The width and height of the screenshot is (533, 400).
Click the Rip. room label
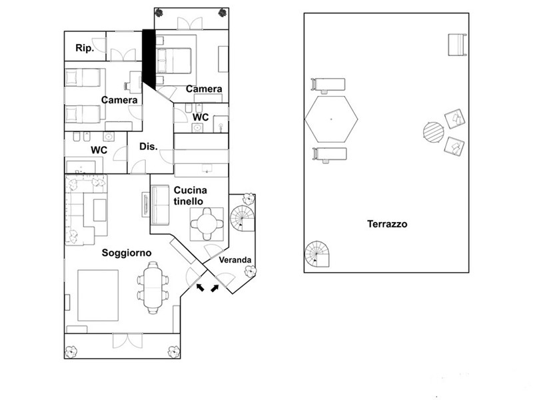tap(85, 48)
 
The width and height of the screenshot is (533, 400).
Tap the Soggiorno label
tap(127, 253)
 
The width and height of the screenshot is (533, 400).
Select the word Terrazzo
tap(387, 224)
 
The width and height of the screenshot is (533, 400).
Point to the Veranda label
tap(235, 260)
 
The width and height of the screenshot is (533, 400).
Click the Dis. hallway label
tap(149, 147)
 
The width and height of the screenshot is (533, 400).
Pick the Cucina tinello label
tap(190, 195)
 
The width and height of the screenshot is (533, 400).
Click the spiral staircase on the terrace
tap(317, 254)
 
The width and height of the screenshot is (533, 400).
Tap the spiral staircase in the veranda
tap(243, 219)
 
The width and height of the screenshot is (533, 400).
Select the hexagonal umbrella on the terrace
tap(331, 119)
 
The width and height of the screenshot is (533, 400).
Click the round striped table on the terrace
tap(434, 132)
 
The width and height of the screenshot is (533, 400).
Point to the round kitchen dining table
tap(207, 224)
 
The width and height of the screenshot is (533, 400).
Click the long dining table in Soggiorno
tap(153, 287)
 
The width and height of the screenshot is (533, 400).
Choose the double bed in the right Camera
tap(174, 60)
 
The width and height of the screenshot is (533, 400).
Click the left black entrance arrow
tap(201, 287)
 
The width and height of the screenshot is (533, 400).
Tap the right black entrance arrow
tap(215, 288)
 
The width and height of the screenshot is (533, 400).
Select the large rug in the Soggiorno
tap(98, 295)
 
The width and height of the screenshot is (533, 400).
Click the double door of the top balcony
tap(190, 24)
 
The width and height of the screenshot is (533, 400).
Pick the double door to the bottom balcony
tap(127, 341)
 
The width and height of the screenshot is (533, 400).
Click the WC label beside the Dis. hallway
tap(99, 150)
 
